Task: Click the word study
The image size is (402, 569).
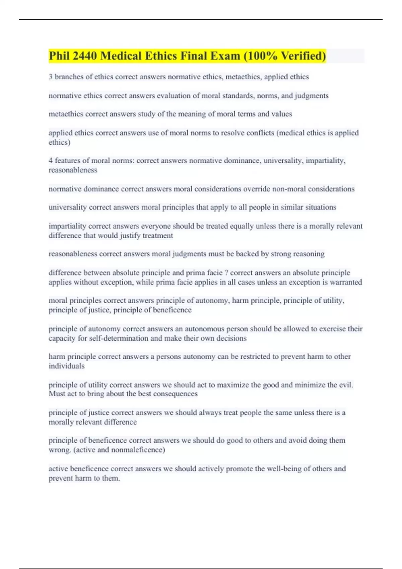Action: [146, 114]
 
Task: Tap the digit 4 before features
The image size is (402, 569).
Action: [51, 161]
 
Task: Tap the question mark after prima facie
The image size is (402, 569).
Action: [226, 273]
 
